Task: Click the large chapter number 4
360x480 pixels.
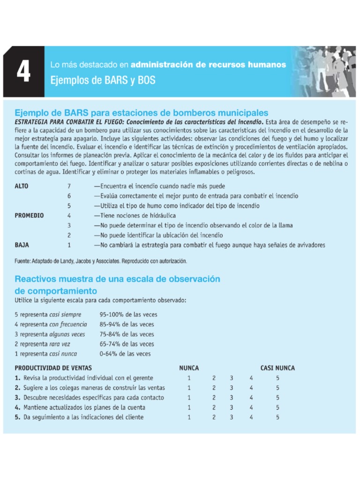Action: pos(23,72)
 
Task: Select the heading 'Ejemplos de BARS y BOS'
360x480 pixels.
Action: pos(103,80)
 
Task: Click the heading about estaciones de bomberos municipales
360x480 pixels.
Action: pos(142,112)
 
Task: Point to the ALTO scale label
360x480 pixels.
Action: pos(22,186)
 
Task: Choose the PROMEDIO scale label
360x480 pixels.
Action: pos(29,216)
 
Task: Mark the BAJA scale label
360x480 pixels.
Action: pos(22,245)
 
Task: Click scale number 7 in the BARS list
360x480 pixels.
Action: pos(69,186)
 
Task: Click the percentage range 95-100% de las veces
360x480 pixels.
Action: pos(128,315)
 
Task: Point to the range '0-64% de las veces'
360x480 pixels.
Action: pos(125,354)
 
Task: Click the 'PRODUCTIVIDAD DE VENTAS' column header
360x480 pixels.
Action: pos(53,368)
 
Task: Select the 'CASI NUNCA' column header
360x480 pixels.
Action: pos(277,368)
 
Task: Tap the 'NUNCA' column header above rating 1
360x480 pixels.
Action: pos(189,368)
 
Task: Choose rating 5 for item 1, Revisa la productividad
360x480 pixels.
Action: pos(277,378)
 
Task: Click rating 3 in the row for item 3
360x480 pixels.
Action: pos(231,397)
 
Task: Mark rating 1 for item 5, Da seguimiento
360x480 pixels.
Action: pos(189,417)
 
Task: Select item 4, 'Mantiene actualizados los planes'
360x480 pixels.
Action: pos(84,407)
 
